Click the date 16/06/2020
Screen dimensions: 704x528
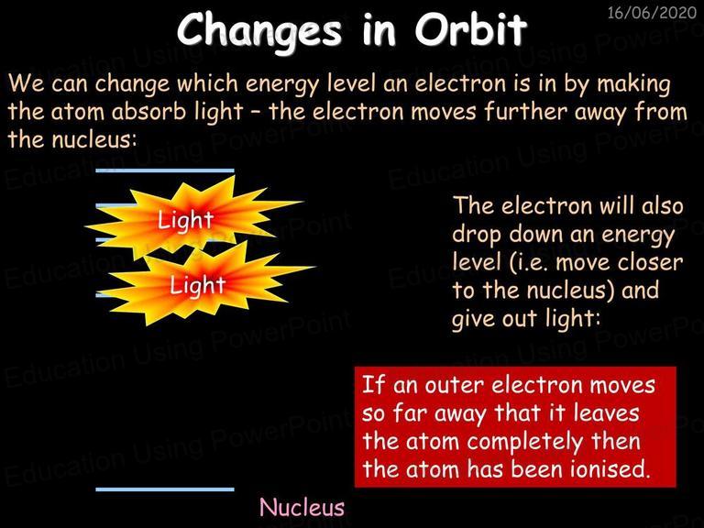tap(652, 13)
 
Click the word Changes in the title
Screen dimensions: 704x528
tap(259, 30)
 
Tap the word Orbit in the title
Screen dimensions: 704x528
tap(470, 28)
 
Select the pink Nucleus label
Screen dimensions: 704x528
tap(302, 507)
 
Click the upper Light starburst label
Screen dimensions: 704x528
tap(184, 220)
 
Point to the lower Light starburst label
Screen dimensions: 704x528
tap(197, 285)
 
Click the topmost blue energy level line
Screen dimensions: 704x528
tap(165, 170)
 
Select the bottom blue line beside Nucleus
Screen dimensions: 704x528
tap(165, 489)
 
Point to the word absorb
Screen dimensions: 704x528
tap(148, 111)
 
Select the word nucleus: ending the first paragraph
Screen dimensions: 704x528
tap(93, 139)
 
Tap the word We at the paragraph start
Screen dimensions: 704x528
tap(26, 83)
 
